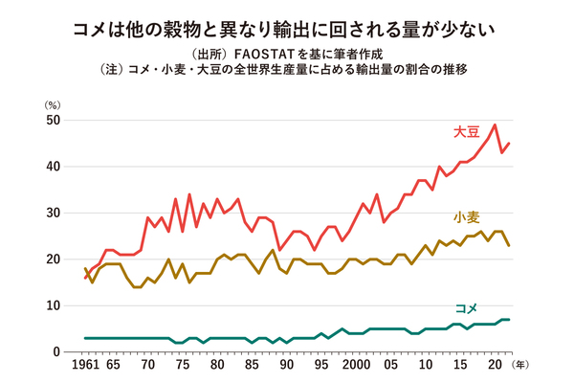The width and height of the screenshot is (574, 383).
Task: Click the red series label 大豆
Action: point(468,131)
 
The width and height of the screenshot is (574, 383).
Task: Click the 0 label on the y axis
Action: point(56,352)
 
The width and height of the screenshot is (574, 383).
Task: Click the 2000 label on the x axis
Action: point(355,366)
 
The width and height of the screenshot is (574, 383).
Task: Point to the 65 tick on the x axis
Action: point(113,366)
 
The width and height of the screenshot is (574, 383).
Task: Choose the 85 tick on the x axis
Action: point(252,366)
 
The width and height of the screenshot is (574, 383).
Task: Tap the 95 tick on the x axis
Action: point(320,366)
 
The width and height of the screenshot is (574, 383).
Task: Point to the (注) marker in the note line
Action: point(112,70)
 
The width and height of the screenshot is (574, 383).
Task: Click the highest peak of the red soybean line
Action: point(494,124)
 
